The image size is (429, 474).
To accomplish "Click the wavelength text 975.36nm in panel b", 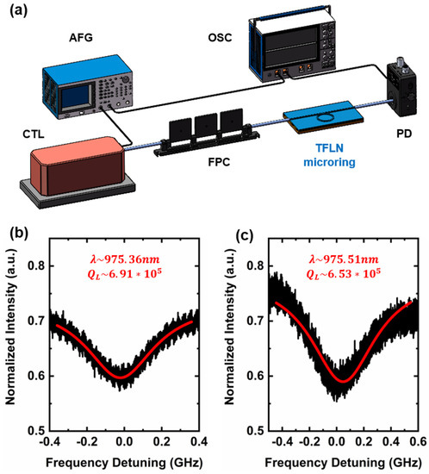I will pyautogui.click(x=132, y=250).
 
